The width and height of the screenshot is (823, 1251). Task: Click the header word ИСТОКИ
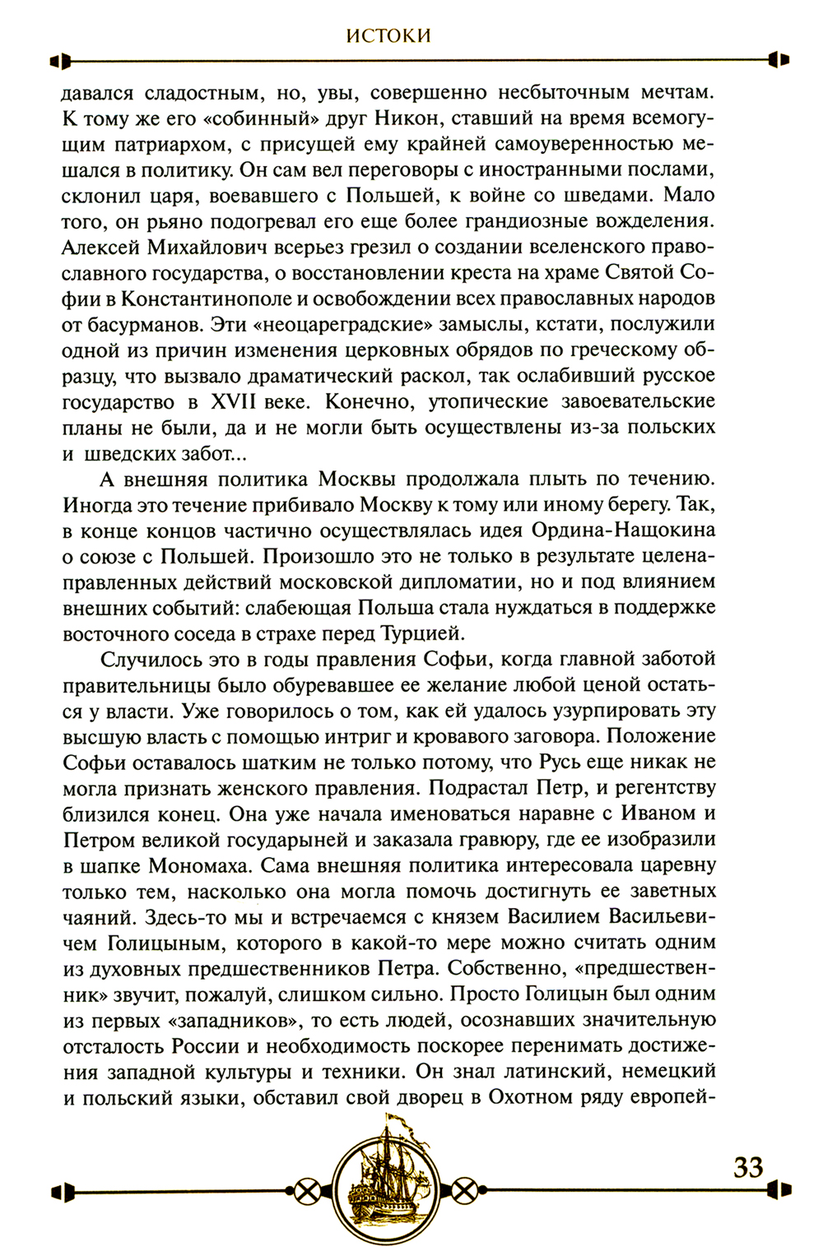point(388,35)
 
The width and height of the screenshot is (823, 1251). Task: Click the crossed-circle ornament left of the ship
point(307,1190)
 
